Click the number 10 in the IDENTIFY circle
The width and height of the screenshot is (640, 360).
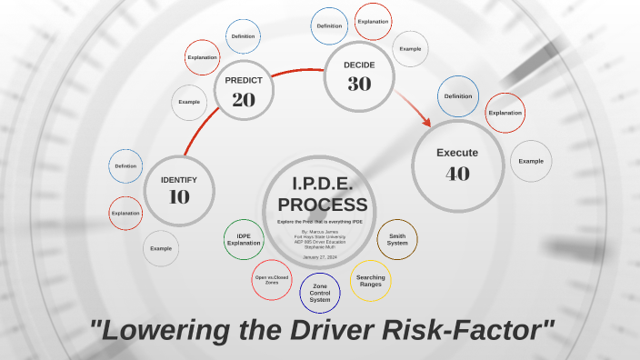[x=179, y=195]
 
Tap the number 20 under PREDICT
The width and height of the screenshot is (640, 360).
[x=244, y=100]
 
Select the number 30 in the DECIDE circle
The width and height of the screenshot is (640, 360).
[x=359, y=84]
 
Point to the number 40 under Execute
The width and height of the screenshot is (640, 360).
[x=457, y=173]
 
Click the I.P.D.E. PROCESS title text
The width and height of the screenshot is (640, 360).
[x=323, y=195]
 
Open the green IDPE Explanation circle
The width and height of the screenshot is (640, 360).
[x=243, y=239]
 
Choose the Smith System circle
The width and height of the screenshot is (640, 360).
[x=397, y=240]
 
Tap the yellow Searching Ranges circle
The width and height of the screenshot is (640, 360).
[x=370, y=281]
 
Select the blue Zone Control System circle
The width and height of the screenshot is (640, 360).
[x=320, y=293]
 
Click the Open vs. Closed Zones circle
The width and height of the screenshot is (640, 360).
[x=272, y=280]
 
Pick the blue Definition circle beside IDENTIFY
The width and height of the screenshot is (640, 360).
[x=125, y=166]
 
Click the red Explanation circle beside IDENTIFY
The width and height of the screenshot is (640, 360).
[x=125, y=213]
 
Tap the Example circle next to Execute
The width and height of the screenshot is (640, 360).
[x=531, y=161]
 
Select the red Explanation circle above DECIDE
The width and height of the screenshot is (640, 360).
[x=373, y=22]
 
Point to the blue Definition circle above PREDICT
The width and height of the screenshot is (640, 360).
[x=243, y=36]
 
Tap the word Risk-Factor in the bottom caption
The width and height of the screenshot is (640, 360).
[x=469, y=329]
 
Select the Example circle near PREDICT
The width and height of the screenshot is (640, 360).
[x=189, y=102]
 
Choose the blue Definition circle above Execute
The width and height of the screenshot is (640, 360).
[x=457, y=95]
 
